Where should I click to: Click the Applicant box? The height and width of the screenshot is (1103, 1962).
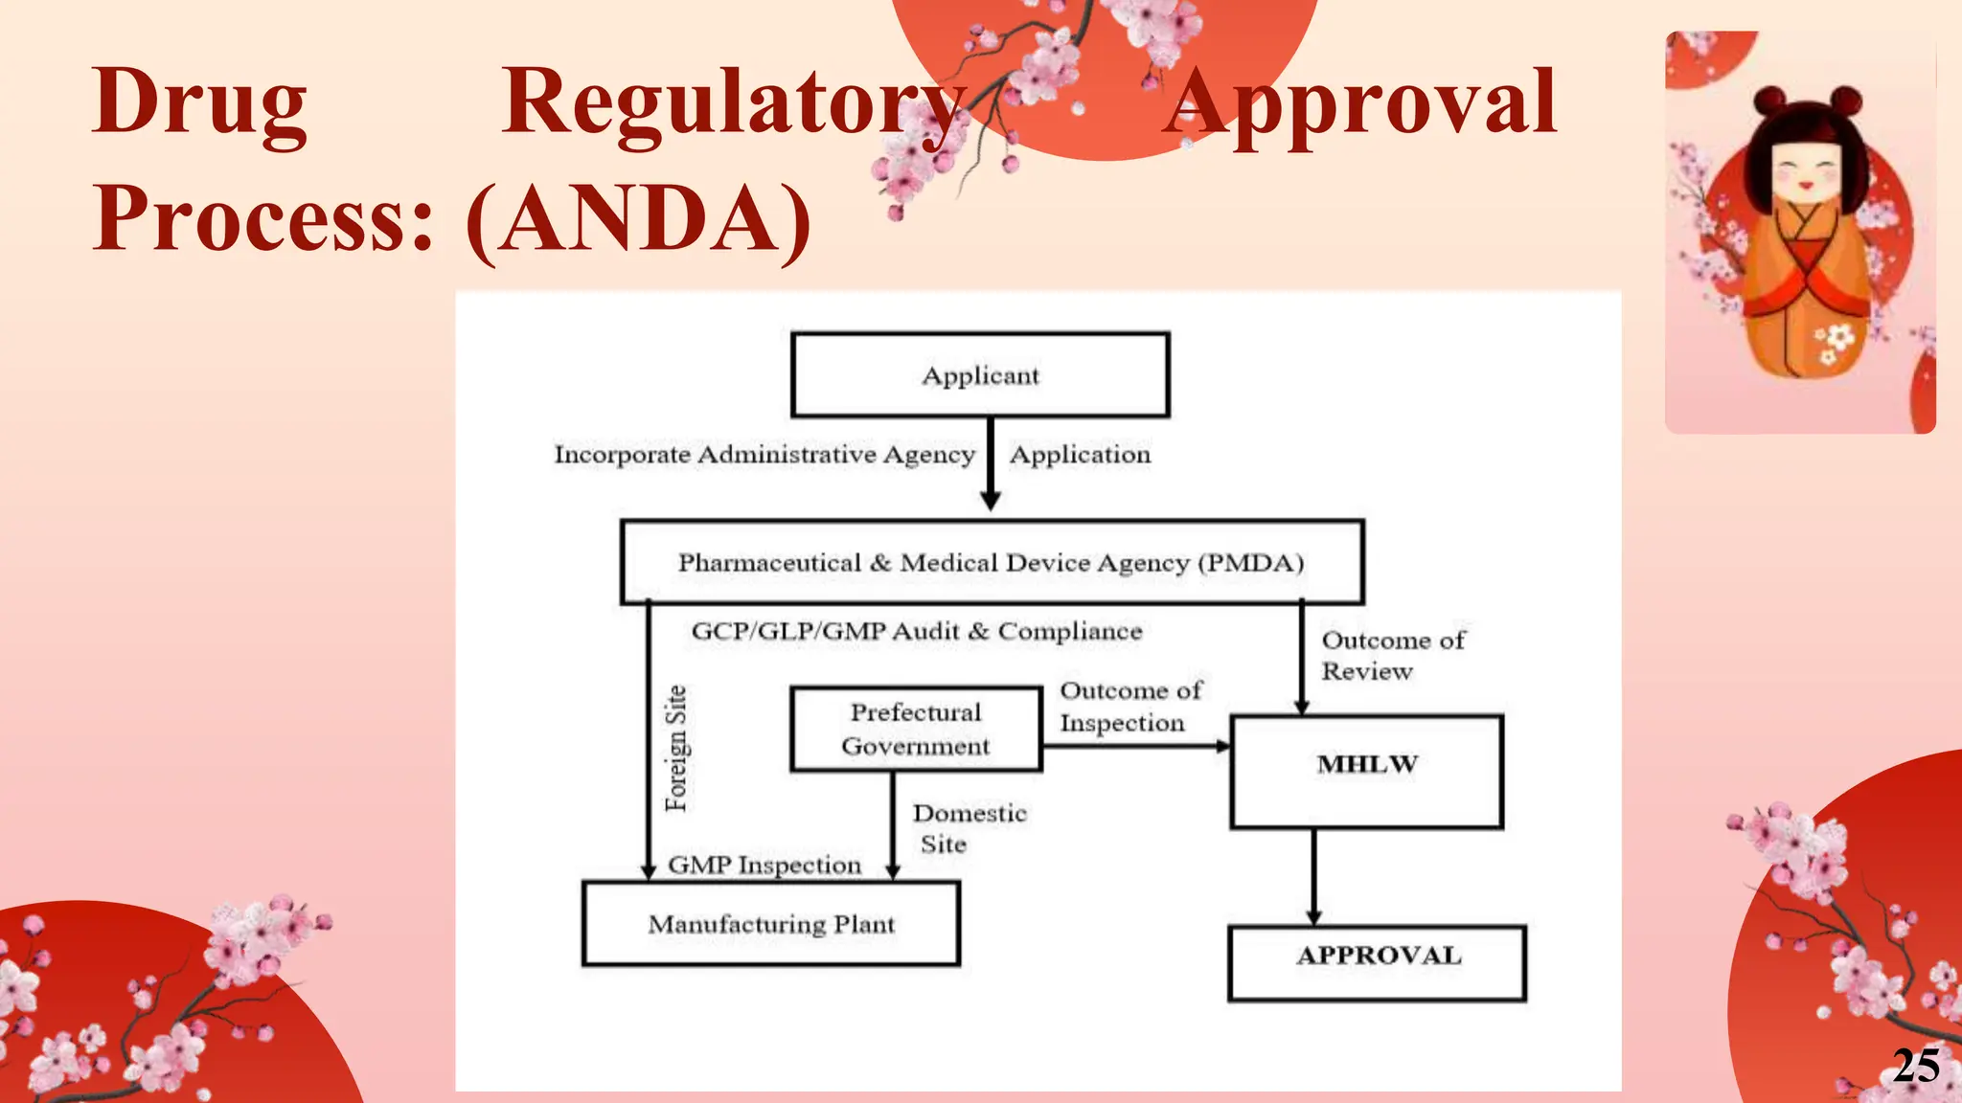(x=980, y=375)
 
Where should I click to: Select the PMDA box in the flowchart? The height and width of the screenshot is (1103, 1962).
(x=992, y=562)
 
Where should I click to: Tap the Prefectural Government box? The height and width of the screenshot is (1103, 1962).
(x=916, y=729)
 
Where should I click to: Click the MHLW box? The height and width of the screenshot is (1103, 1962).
(x=1366, y=771)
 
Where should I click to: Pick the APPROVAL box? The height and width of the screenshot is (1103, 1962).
(x=1377, y=962)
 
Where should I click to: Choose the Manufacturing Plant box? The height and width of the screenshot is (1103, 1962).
(x=771, y=924)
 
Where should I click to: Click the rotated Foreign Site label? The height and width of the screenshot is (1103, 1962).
(x=676, y=749)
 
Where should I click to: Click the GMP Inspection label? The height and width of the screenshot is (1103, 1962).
(x=764, y=865)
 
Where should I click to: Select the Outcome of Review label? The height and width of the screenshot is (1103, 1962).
(x=1392, y=655)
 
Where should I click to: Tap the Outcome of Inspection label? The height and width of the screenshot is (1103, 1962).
(x=1129, y=707)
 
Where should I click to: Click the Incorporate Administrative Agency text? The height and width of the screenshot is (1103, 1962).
(x=764, y=455)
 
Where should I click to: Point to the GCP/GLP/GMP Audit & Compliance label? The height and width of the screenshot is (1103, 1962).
(x=917, y=631)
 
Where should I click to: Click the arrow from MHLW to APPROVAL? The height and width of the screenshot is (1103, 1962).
(x=1313, y=876)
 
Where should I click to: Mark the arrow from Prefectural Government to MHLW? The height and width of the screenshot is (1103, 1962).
(x=1135, y=746)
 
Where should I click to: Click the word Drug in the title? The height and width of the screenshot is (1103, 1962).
(x=199, y=102)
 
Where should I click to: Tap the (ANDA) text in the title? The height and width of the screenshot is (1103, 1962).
(x=639, y=219)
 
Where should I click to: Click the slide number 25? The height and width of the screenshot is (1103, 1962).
(x=1916, y=1066)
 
